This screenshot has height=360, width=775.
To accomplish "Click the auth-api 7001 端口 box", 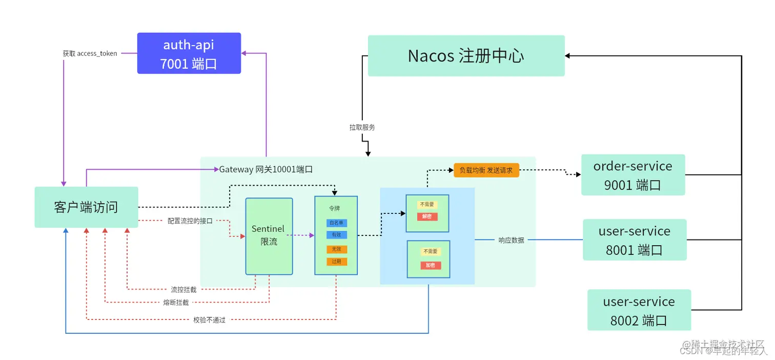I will coord(189,53).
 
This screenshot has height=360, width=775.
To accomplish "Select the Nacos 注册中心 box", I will coord(466,56).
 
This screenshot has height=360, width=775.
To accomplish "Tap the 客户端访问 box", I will coord(86,207).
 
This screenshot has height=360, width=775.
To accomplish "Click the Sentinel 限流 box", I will coord(269,236).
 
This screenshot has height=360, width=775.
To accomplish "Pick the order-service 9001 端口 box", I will coord(633,175).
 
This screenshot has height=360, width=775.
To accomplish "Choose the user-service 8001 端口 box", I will coord(634,240).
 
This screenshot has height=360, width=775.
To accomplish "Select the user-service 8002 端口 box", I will coord(639,310).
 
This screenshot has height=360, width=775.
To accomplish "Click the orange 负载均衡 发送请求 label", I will coord(486,170).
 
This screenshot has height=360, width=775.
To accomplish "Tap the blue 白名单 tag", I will coord(336,223).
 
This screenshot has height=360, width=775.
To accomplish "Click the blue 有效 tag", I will coord(336,235).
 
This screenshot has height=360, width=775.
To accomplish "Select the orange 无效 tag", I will coord(336,249).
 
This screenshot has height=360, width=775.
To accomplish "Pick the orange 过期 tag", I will coord(336,262).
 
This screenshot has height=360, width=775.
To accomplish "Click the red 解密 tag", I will coord(427,216).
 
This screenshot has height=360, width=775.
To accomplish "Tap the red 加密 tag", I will coord(431,265).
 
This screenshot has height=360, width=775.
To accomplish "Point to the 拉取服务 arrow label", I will coord(362,127).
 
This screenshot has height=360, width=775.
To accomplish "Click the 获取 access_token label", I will coord(90,53).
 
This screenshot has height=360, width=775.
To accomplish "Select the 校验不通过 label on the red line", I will coord(209,320).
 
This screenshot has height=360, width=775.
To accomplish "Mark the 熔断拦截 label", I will coord(176,303).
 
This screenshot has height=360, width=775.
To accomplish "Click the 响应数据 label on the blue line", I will coord(511,240).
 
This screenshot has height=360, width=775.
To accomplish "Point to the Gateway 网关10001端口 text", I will coord(266,169).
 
